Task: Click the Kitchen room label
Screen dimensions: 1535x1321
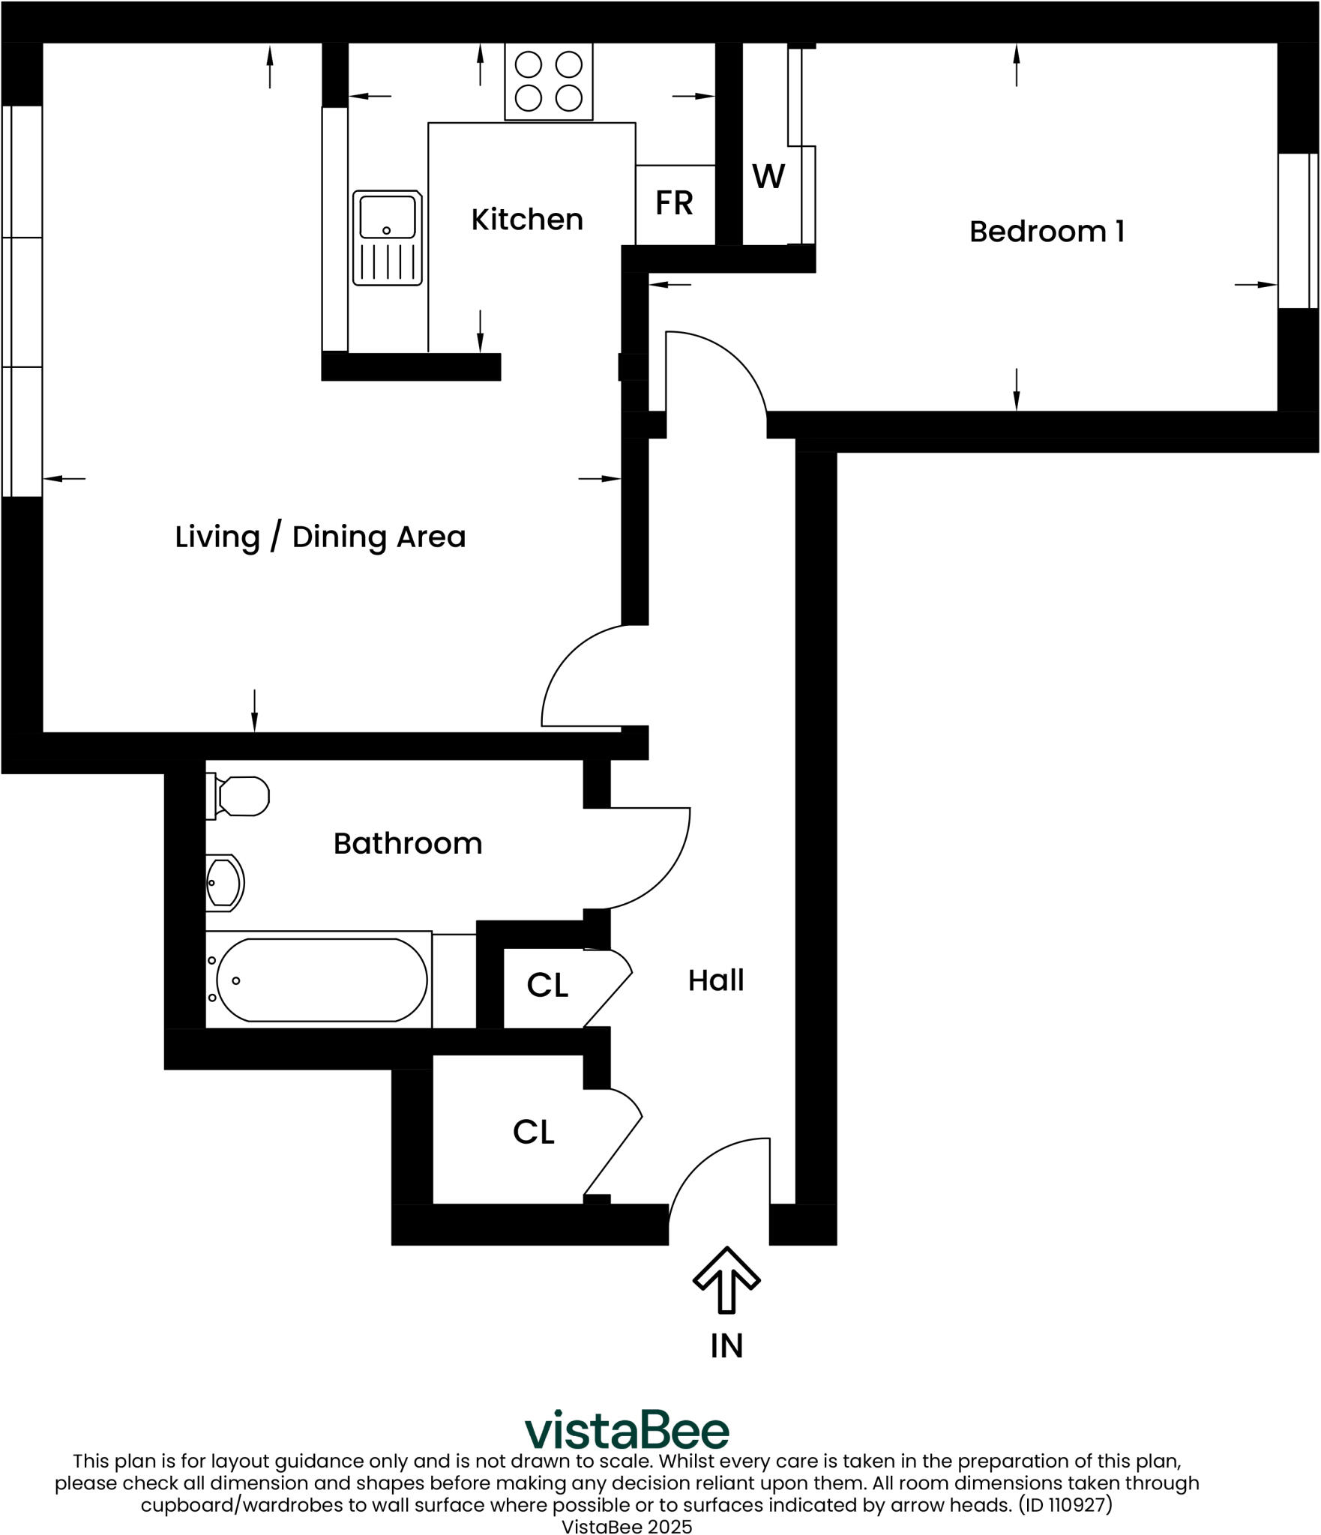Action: (526, 220)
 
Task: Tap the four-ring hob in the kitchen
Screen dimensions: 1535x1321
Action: (548, 81)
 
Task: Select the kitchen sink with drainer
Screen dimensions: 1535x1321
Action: (387, 238)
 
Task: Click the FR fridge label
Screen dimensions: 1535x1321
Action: (673, 203)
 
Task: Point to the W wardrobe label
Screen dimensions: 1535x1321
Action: (768, 177)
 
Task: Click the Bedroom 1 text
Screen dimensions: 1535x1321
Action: (1046, 232)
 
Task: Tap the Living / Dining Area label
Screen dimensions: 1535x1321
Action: (320, 537)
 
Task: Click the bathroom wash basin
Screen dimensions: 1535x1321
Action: (224, 883)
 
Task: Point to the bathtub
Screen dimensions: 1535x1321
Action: (321, 980)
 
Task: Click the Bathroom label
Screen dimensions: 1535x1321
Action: (407, 844)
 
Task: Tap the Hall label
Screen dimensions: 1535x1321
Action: (715, 980)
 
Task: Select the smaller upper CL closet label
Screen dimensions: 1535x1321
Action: (547, 986)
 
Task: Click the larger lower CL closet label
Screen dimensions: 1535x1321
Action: (533, 1132)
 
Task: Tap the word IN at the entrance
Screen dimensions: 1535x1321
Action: (726, 1346)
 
